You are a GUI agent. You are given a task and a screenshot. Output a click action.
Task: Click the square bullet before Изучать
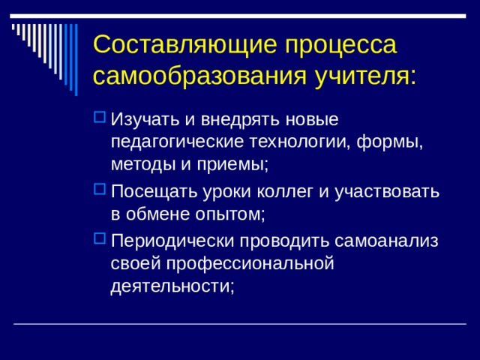click(100, 118)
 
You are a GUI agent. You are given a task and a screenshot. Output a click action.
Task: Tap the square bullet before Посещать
click(100, 190)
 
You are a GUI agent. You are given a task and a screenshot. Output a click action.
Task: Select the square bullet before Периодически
click(100, 241)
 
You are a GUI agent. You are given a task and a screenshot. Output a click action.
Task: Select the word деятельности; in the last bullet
click(172, 286)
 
